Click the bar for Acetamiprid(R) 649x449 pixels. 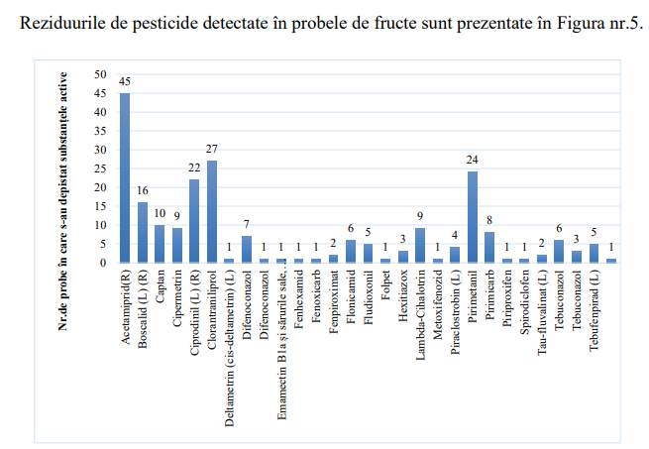click(x=125, y=177)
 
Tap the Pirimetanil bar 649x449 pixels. click(x=473, y=217)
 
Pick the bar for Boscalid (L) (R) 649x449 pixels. click(x=142, y=232)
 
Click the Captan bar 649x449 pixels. click(x=160, y=244)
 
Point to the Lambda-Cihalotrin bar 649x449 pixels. click(x=420, y=246)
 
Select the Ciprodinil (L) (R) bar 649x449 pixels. click(x=194, y=221)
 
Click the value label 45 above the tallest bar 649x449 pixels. click(x=125, y=81)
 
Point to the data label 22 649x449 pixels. click(x=194, y=168)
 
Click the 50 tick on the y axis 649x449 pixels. click(x=98, y=74)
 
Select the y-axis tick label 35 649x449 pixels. click(x=98, y=131)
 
